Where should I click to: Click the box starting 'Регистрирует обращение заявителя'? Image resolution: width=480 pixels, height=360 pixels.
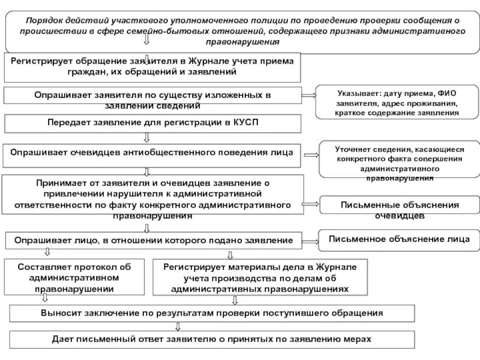(153, 67)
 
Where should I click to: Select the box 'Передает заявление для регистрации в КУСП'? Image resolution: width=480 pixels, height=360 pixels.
(153, 123)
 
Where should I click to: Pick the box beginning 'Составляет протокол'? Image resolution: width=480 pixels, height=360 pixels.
(74, 277)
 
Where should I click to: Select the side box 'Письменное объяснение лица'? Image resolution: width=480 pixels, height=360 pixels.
(399, 240)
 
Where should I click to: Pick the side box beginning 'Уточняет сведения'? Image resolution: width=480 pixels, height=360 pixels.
(399, 162)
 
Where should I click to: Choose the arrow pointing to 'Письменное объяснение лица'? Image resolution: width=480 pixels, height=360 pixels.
(311, 241)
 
